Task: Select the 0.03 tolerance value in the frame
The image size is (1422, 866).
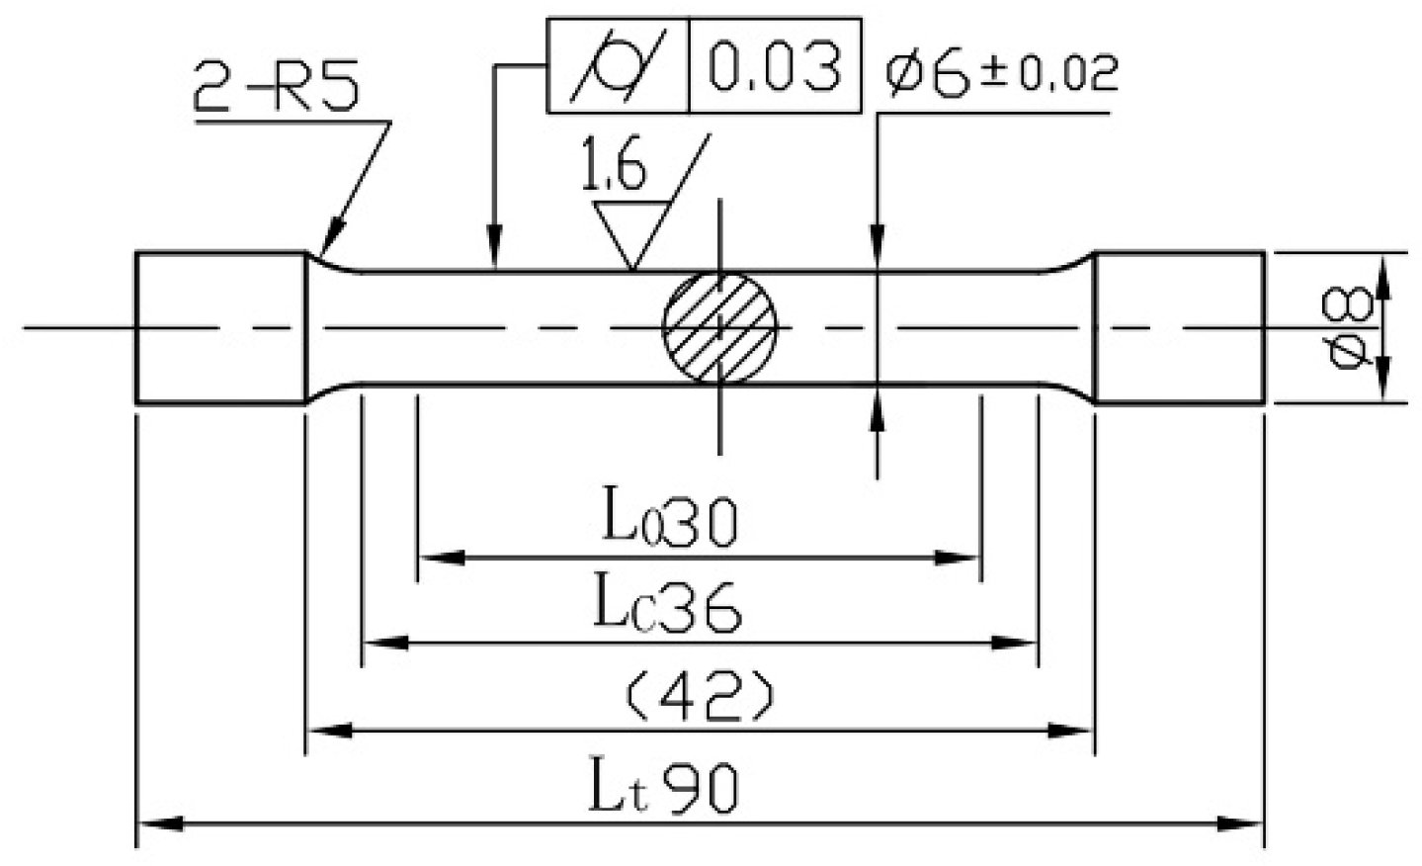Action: pos(775,66)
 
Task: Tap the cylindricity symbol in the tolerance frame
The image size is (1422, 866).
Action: pos(619,66)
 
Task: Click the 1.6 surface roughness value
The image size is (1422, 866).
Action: pos(614,168)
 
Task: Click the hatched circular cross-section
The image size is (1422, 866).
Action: pos(719,326)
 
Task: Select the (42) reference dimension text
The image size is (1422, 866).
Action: pos(700,697)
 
